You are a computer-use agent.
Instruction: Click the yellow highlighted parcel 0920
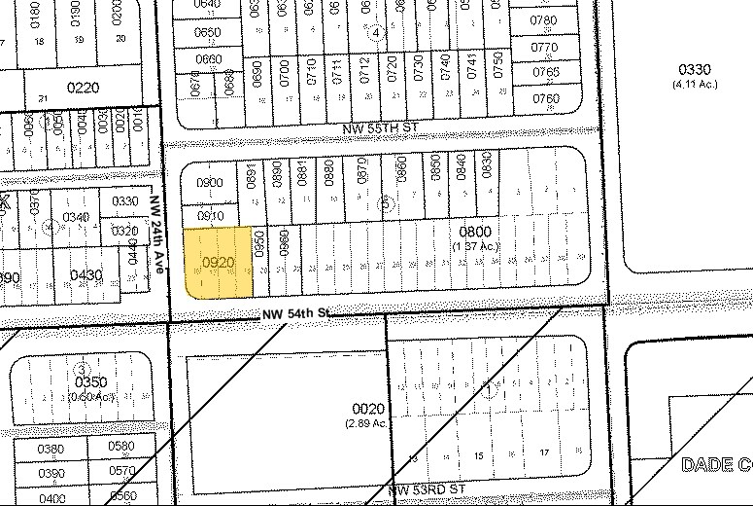(218, 262)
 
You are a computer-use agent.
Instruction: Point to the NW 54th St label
(297, 314)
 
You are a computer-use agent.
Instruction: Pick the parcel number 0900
(211, 183)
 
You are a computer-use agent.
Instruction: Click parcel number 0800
(475, 232)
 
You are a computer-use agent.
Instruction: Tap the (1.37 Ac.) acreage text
(475, 246)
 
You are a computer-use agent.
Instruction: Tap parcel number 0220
(83, 88)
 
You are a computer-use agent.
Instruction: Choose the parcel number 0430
(86, 275)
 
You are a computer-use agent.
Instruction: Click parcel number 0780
(545, 20)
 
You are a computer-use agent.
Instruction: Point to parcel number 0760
(546, 98)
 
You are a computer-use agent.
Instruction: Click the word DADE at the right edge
(706, 465)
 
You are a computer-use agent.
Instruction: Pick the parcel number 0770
(545, 47)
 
